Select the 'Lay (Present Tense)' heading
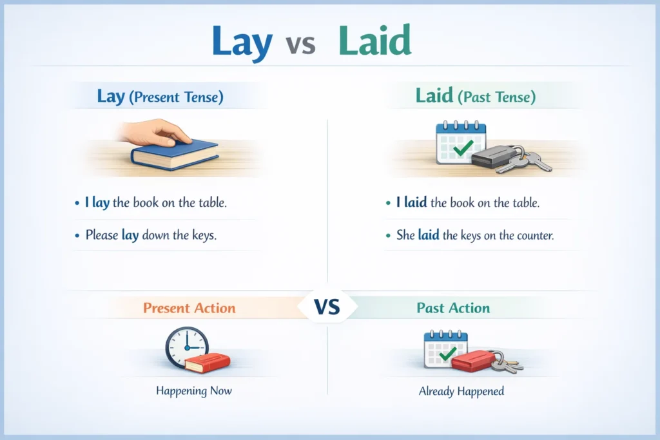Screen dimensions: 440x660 coord(160,97)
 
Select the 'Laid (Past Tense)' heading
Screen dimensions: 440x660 coord(475,97)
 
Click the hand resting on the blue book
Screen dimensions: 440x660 coord(156,132)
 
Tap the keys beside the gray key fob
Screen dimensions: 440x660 coord(534,161)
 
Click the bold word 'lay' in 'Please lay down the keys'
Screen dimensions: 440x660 coord(130,235)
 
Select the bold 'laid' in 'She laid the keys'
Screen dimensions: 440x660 coord(428,235)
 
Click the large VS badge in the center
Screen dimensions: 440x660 coord(327,308)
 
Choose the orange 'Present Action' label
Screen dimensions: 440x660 coord(189,308)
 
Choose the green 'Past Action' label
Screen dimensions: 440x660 coord(453,308)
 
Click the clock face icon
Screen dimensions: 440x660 coord(186,347)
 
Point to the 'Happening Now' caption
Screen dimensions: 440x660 coord(194,390)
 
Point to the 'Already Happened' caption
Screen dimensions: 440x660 coord(461,391)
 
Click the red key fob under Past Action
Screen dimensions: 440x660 coord(471,361)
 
